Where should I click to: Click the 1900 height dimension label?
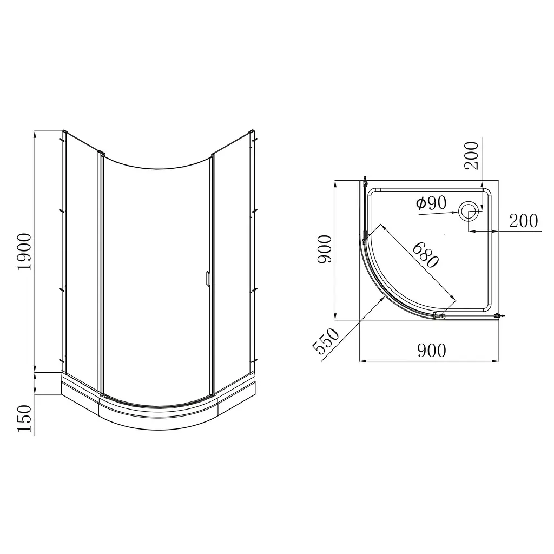(24, 252)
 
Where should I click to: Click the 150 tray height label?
(24, 418)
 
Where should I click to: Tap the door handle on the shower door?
(208, 278)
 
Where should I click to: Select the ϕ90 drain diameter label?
(431, 203)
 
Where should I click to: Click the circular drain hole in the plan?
(469, 212)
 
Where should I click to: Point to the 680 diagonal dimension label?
(426, 255)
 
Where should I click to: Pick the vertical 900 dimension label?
(325, 249)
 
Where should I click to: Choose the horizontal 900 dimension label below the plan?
(432, 351)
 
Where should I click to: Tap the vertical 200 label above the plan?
(471, 155)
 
